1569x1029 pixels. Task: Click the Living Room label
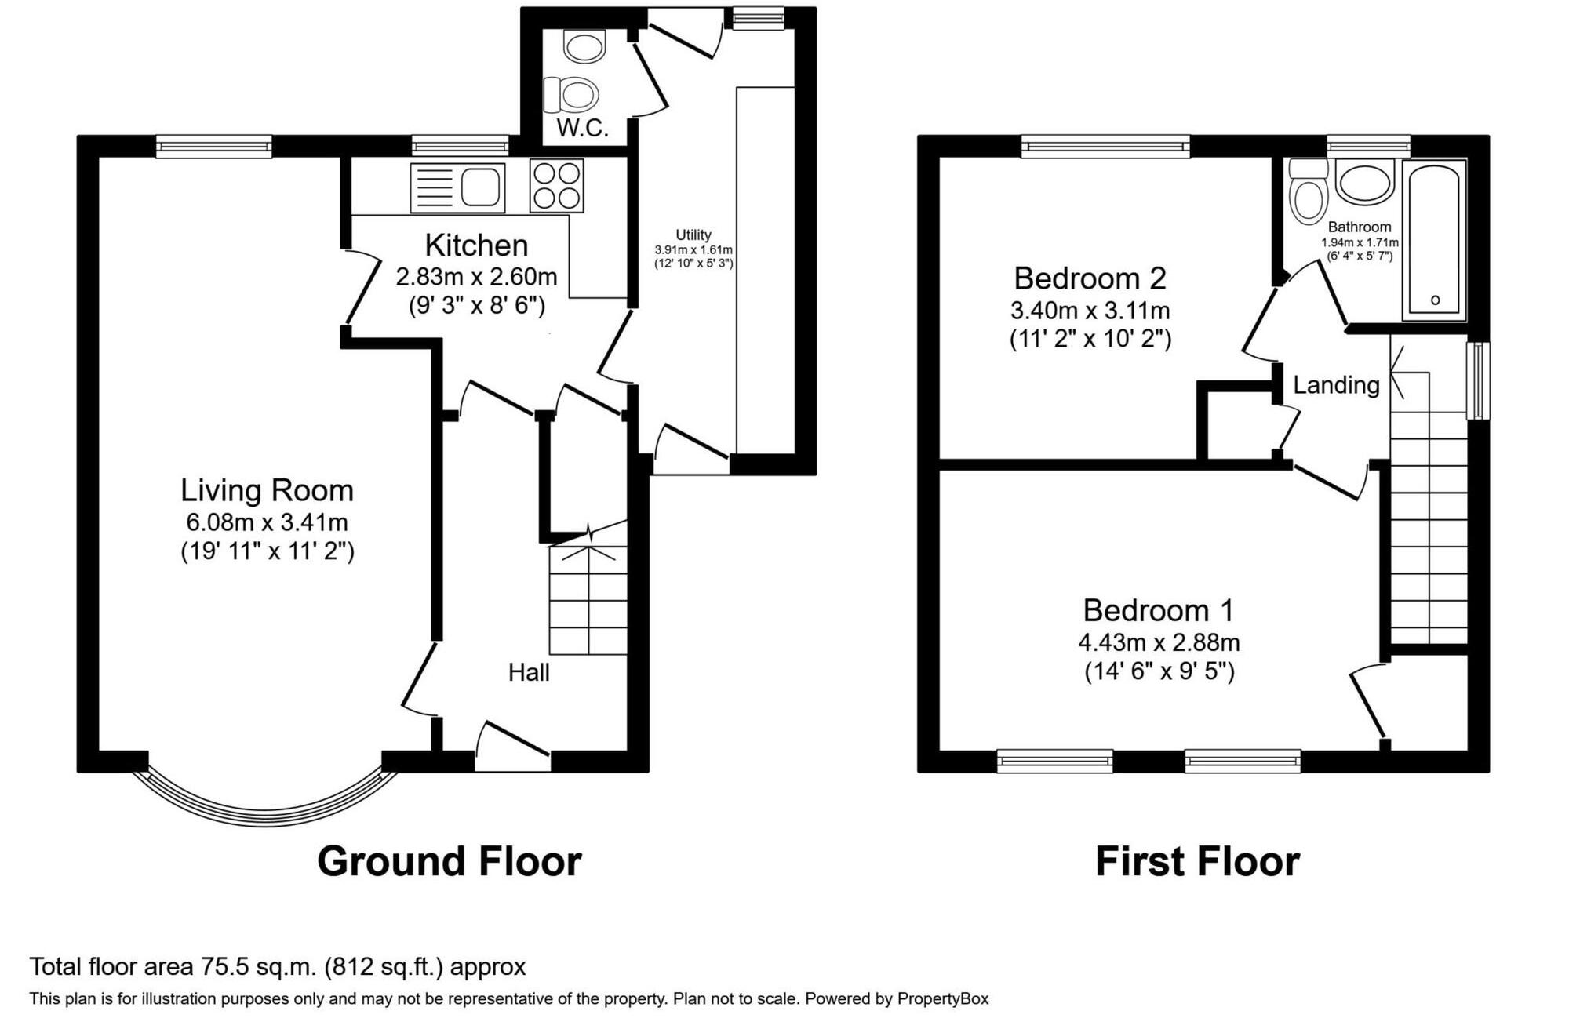268,490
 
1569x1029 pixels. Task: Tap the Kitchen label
476,245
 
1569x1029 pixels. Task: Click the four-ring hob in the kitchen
557,186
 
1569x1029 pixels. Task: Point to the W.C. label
583,129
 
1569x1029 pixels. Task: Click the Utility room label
693,235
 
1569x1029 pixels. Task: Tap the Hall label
529,672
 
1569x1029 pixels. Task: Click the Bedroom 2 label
1090,278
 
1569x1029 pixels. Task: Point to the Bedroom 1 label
1159,610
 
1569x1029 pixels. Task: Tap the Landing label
1336,385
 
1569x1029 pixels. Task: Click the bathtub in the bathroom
1434,240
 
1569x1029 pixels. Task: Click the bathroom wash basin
1365,182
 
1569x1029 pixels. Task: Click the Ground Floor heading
450,861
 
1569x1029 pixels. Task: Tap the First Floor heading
1197,861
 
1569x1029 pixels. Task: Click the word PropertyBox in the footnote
943,999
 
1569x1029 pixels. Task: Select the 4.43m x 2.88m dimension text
1159,642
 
